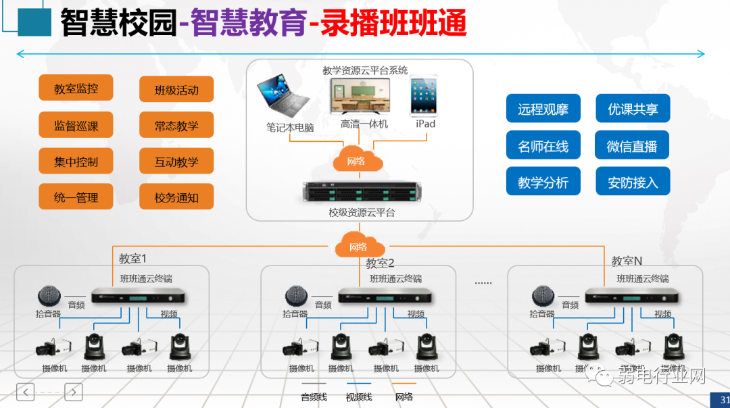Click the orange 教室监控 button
(76, 88)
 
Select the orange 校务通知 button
(176, 197)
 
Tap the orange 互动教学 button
(176, 161)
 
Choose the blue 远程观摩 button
(543, 109)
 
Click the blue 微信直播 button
(632, 146)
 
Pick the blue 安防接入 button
(632, 182)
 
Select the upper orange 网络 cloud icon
(357, 161)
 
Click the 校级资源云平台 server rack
(357, 193)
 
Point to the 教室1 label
(132, 259)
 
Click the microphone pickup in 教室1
(49, 296)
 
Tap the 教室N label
(627, 261)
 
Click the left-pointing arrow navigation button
(25, 391)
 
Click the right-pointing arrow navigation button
(73, 391)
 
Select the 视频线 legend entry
(359, 397)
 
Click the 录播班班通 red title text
(393, 24)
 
